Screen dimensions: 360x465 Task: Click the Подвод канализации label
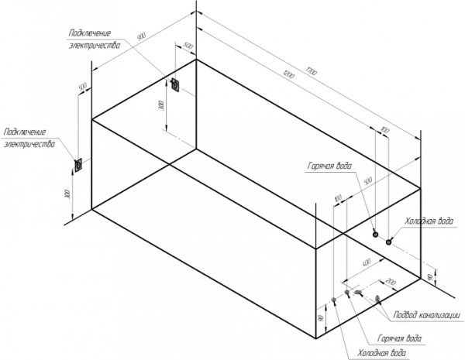[428, 315]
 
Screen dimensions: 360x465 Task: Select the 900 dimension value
[140, 38]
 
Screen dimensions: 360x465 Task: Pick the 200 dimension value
[390, 281]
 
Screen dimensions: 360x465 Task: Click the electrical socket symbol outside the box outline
[78, 164]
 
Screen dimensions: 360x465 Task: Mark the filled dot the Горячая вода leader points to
[375, 234]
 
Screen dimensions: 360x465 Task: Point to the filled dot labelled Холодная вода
[389, 242]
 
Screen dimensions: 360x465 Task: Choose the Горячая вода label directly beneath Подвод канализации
[399, 338]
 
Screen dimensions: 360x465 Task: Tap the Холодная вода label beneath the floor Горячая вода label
[380, 352]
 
